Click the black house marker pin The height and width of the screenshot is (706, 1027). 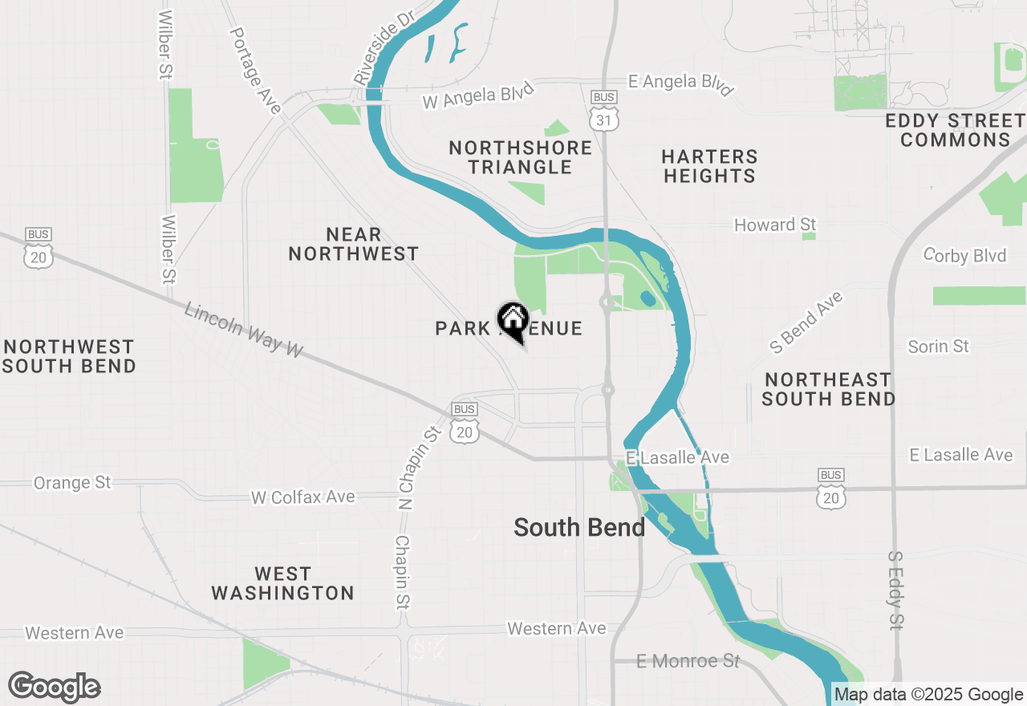tap(513, 322)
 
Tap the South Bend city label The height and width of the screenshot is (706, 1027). tap(578, 527)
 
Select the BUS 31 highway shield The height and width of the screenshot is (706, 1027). tap(603, 111)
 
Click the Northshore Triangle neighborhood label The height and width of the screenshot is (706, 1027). tap(521, 157)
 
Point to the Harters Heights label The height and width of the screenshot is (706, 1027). tap(710, 166)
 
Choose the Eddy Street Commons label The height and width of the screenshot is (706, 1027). tap(955, 130)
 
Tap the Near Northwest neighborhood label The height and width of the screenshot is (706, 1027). tap(353, 244)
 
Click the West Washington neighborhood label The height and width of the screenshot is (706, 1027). tap(282, 583)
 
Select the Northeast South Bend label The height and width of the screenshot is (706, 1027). tap(828, 388)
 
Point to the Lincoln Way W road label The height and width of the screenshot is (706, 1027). tap(244, 329)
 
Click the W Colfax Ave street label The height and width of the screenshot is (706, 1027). tap(302, 497)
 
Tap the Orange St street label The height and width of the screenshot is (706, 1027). tap(72, 483)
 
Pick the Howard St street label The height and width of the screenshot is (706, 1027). tap(775, 225)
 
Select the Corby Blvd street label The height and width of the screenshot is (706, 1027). tap(965, 255)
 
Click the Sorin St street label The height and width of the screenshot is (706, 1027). tap(938, 347)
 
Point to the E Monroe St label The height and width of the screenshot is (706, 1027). tap(688, 661)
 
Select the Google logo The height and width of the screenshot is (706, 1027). tap(54, 688)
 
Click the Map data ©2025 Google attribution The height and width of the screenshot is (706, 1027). tap(928, 695)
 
